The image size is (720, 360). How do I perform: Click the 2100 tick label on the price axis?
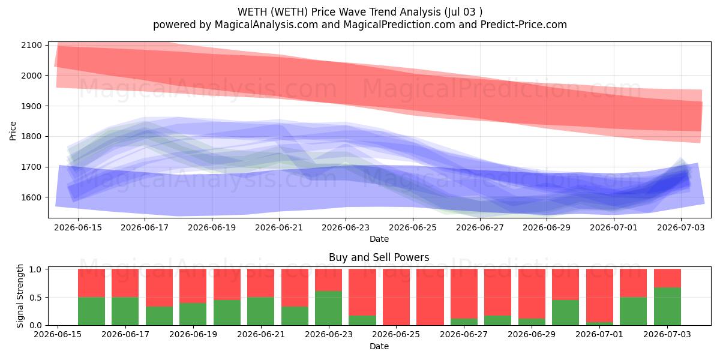[31, 46]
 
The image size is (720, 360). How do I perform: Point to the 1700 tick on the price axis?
[31, 167]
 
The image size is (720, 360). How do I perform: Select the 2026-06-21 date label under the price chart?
[278, 227]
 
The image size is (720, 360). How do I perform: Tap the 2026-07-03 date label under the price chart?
[681, 227]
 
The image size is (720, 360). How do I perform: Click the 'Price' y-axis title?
[13, 131]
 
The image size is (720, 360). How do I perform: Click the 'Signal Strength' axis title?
[20, 296]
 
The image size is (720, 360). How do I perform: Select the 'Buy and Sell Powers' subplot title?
[379, 257]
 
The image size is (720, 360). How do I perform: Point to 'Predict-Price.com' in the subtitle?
[524, 25]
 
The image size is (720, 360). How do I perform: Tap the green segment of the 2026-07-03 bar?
[667, 307]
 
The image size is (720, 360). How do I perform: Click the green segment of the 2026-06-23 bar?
[329, 308]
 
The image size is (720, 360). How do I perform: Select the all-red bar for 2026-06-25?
[397, 297]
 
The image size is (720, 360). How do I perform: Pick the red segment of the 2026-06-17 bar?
[125, 283]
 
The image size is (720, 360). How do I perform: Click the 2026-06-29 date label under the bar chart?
[532, 335]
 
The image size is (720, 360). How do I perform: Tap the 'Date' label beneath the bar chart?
[379, 346]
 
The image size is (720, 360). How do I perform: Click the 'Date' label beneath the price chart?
[379, 239]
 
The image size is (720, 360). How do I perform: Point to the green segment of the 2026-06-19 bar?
[193, 314]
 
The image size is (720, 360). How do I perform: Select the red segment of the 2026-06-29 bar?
[532, 294]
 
